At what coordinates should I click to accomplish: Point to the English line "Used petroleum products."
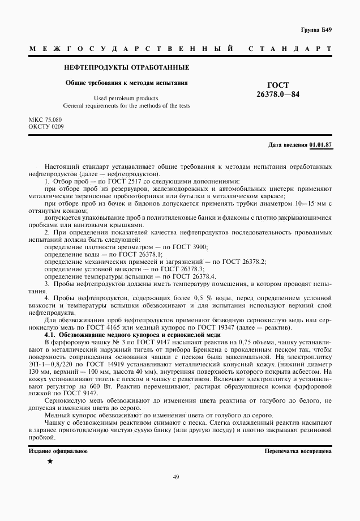[126, 98]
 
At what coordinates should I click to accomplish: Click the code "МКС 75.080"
[45, 121]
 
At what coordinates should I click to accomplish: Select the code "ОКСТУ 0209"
[46, 127]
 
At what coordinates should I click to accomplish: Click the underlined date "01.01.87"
[321, 145]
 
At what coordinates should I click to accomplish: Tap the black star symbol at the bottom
[50, 462]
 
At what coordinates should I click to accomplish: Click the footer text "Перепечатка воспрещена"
[298, 451]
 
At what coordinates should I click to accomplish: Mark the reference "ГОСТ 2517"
[110, 180]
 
